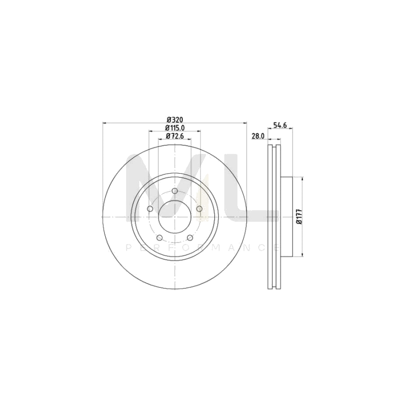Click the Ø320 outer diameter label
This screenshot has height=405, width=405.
[x=175, y=119]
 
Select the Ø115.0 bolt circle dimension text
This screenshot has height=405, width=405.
[x=175, y=128]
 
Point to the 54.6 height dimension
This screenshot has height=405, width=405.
[x=280, y=125]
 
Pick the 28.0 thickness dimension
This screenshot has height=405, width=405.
[x=258, y=136]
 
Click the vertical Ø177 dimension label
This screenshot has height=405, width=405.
[x=299, y=216]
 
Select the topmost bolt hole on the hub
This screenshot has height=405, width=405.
[x=175, y=191]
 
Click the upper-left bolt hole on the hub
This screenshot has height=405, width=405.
[x=150, y=209]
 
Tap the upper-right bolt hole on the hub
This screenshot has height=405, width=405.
[x=199, y=209]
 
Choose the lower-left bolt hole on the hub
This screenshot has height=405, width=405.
[x=159, y=238]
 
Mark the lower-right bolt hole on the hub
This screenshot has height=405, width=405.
[x=190, y=238]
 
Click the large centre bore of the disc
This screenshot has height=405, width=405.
[x=175, y=217]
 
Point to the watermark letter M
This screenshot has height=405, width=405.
[x=167, y=187]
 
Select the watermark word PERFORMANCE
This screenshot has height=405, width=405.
[x=202, y=248]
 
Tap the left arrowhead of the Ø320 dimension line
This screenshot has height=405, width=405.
[x=105, y=123]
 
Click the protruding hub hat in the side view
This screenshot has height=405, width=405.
[x=287, y=217]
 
